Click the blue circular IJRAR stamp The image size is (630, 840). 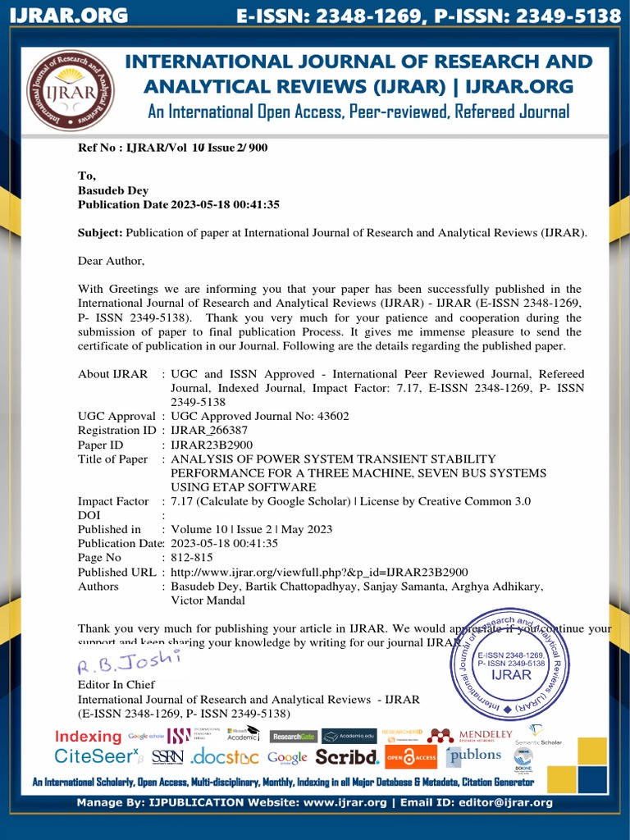pyautogui.click(x=511, y=663)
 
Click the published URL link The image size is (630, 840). pyautogui.click(x=319, y=572)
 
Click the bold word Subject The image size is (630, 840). pyautogui.click(x=99, y=233)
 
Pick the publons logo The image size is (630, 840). pyautogui.click(x=474, y=755)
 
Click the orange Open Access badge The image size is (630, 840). pyautogui.click(x=411, y=756)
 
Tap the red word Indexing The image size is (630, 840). pyautogui.click(x=89, y=736)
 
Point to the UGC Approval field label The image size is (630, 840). pyautogui.click(x=116, y=416)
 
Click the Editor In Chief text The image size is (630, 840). pyautogui.click(x=116, y=684)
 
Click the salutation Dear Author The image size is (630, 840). pyautogui.click(x=111, y=261)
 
